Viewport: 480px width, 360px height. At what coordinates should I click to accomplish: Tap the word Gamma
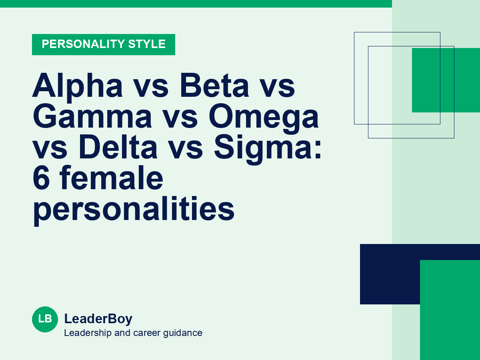pyautogui.click(x=92, y=116)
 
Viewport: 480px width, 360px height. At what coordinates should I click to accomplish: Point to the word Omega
pyautogui.click(x=264, y=119)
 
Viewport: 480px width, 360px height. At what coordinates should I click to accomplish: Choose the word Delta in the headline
pyautogui.click(x=118, y=146)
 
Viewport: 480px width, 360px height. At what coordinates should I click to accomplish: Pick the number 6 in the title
pyautogui.click(x=41, y=178)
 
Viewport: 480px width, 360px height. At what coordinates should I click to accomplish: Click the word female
pyautogui.click(x=111, y=177)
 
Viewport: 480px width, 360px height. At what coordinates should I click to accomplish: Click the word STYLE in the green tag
pyautogui.click(x=147, y=44)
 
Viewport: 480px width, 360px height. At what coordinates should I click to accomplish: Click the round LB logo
pyautogui.click(x=45, y=319)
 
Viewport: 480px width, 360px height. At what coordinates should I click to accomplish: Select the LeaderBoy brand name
pyautogui.click(x=98, y=319)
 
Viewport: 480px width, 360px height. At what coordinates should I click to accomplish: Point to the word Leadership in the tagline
pyautogui.click(x=88, y=333)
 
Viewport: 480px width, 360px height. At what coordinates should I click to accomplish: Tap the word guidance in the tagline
pyautogui.click(x=182, y=333)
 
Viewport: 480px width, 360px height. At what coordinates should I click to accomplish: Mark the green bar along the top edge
pyautogui.click(x=196, y=4)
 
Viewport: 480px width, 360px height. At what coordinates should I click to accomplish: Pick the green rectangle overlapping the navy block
pyautogui.click(x=450, y=310)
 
